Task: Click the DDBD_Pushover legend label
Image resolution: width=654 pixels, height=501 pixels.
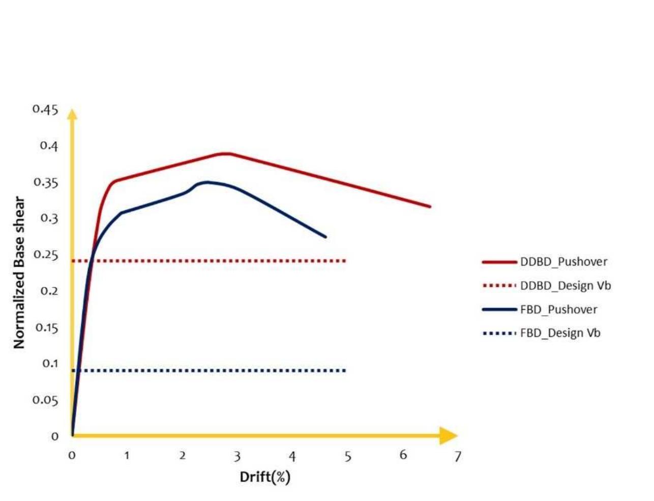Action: tap(563, 262)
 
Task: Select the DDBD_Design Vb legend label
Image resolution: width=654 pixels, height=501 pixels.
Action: tap(565, 286)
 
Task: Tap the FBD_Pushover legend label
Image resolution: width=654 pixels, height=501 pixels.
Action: tap(558, 310)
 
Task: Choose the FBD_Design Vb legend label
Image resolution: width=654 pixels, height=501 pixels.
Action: tap(560, 333)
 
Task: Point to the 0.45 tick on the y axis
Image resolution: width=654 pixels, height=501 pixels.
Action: tap(45, 109)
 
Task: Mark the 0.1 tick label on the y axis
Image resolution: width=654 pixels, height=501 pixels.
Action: tap(50, 363)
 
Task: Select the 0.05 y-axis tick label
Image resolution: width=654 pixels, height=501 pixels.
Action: tap(45, 400)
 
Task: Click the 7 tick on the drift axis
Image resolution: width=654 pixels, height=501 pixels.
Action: tap(458, 456)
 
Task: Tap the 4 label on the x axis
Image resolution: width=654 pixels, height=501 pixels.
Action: tap(292, 456)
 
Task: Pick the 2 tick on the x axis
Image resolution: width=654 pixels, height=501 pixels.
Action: tap(182, 455)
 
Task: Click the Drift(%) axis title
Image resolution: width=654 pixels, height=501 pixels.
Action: tap(265, 477)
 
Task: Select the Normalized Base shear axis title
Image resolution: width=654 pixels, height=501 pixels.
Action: tap(19, 273)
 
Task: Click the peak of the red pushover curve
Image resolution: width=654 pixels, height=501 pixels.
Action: tap(225, 153)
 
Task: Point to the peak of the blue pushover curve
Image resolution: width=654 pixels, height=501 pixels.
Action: tap(206, 182)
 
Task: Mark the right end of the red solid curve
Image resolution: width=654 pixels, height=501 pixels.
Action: tap(430, 207)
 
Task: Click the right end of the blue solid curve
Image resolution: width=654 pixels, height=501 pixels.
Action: tap(325, 237)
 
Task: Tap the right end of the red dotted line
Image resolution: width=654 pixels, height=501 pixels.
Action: tap(345, 261)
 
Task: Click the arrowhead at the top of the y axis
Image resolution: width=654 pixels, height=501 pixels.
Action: tap(72, 114)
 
